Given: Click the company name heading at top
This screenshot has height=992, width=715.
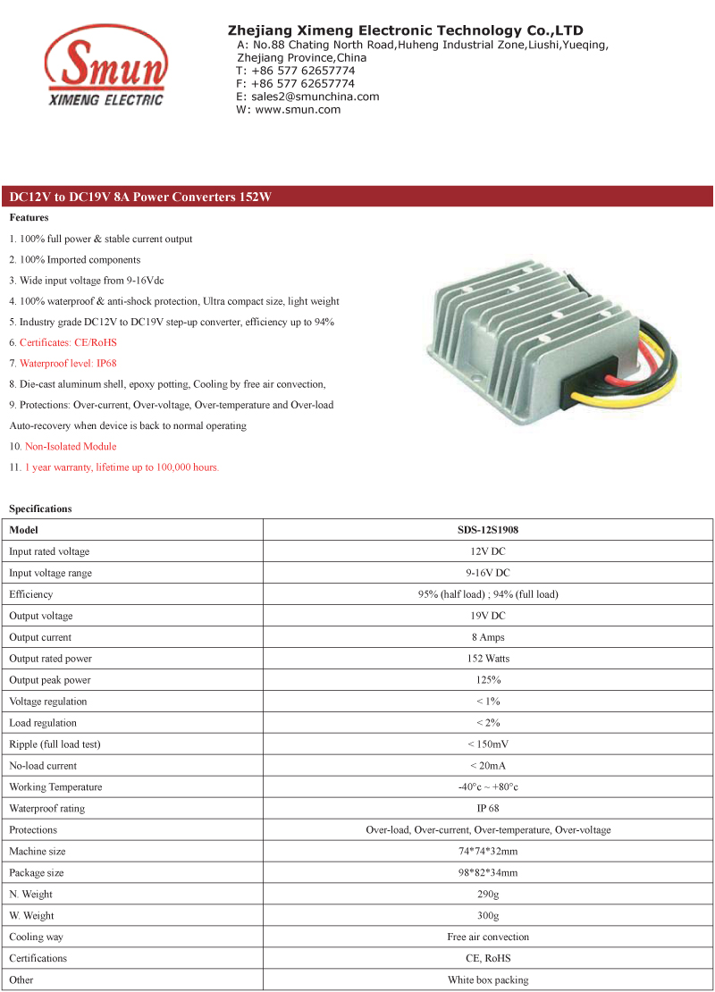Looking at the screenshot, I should (405, 30).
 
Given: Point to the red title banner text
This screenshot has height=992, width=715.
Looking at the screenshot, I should (139, 197).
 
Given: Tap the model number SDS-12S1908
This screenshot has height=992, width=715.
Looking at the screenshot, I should (488, 530).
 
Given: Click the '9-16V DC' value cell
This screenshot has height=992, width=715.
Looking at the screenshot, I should (488, 573).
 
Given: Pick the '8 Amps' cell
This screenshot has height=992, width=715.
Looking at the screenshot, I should (488, 637).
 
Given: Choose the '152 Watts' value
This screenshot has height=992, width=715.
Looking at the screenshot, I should (488, 659).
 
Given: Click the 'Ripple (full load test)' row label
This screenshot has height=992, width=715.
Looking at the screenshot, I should (54, 744).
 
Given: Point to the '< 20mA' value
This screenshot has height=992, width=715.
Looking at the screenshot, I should (488, 766).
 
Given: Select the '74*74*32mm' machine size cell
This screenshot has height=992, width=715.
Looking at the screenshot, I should (488, 852).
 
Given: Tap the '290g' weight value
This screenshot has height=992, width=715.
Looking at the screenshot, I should (488, 895).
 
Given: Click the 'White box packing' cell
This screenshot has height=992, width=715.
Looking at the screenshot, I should (488, 980).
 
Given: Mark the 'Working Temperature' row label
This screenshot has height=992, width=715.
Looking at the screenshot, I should (55, 787).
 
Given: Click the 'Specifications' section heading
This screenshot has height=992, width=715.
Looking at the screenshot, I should (40, 509).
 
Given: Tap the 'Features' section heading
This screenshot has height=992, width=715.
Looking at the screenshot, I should (29, 217).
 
